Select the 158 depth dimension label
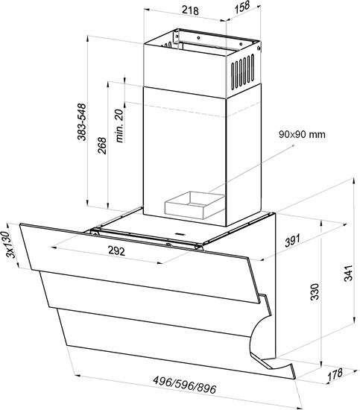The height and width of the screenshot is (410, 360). click(x=242, y=7)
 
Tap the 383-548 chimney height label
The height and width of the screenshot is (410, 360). click(x=81, y=122)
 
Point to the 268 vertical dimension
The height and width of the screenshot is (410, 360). click(x=102, y=145)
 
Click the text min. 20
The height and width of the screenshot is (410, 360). click(x=119, y=125)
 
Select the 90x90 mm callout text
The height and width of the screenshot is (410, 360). click(x=302, y=134)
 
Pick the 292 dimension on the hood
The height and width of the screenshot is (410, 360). click(x=116, y=251)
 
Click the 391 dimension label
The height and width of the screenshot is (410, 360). click(x=293, y=241)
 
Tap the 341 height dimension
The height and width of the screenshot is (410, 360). click(x=349, y=273)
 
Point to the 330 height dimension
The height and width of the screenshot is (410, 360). click(x=315, y=291)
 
